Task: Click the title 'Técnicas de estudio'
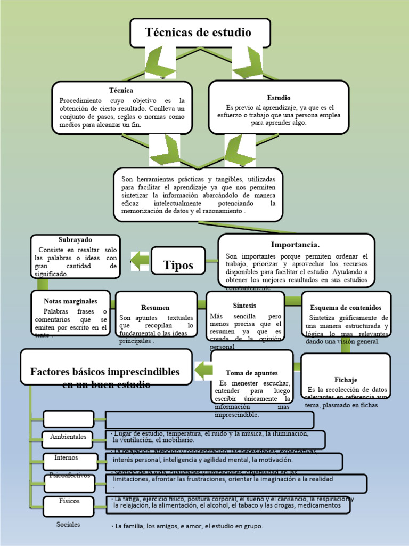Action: click(198, 33)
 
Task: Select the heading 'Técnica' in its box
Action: click(121, 91)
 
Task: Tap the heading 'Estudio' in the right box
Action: click(279, 98)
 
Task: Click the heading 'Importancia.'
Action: click(295, 245)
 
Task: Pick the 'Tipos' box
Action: click(178, 265)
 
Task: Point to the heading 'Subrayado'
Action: click(75, 239)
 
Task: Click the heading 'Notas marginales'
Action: click(70, 301)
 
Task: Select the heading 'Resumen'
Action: click(156, 308)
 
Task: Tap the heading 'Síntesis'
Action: click(244, 306)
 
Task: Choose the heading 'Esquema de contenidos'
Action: click(346, 308)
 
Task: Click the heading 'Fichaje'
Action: click(346, 380)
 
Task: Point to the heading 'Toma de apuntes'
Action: click(252, 373)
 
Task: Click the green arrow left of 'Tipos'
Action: click(140, 261)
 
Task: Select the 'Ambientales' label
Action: click(68, 437)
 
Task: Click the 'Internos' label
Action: click(66, 457)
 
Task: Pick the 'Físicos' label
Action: click(69, 501)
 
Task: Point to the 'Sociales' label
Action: click(68, 524)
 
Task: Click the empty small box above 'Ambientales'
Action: click(68, 419)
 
